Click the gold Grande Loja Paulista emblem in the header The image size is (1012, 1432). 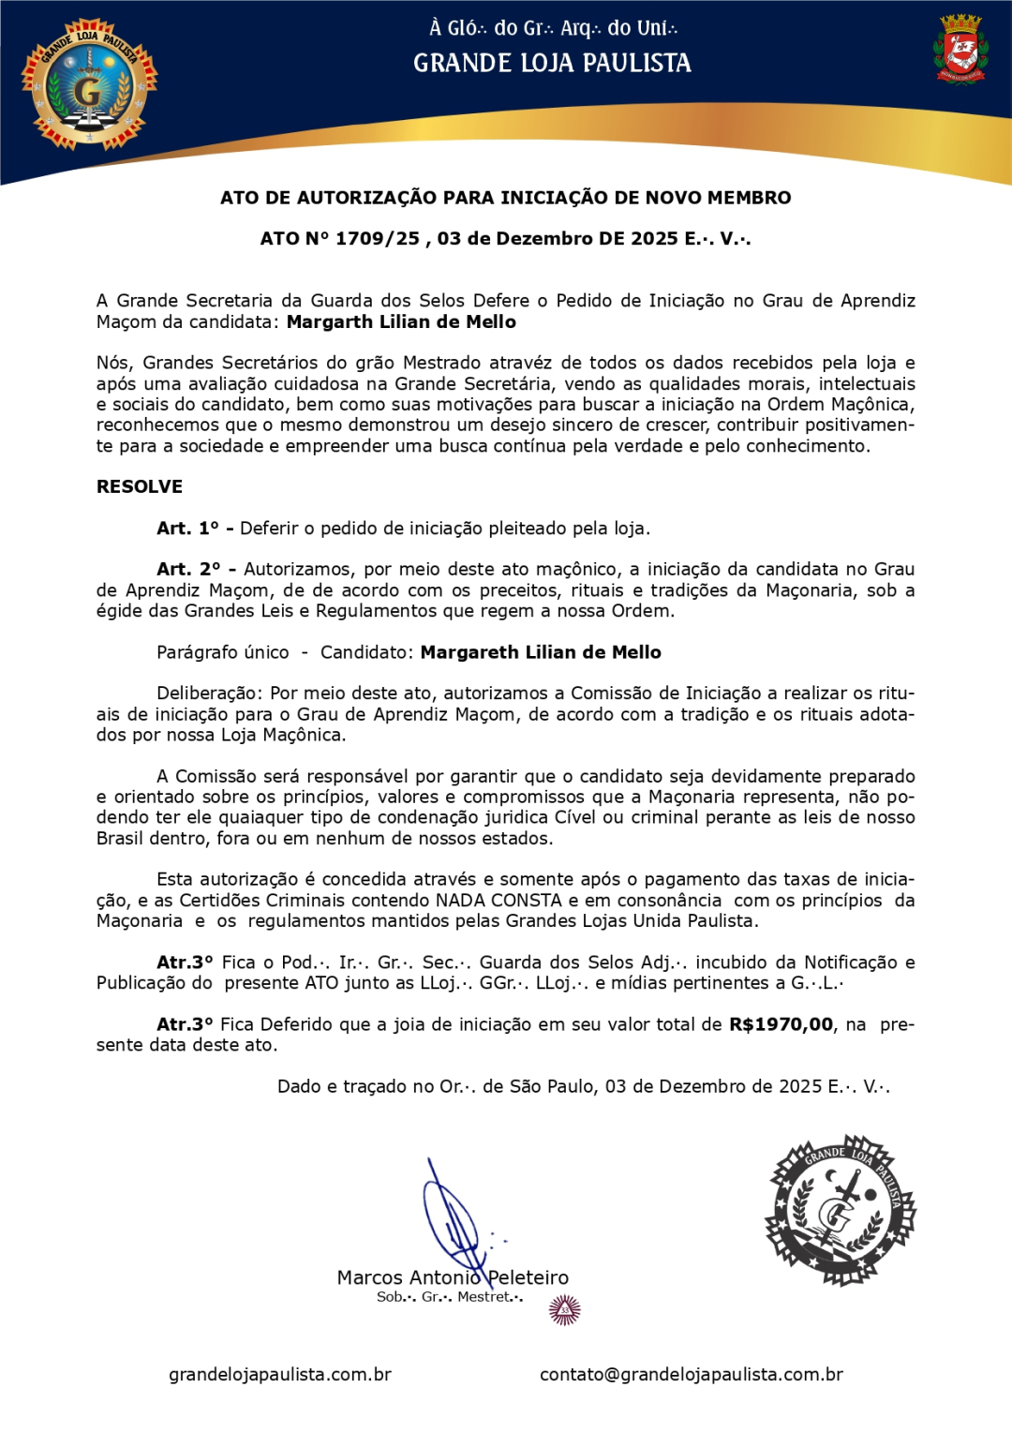(x=90, y=85)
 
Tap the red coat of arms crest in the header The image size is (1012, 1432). (x=960, y=49)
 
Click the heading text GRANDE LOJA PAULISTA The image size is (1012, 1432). (x=552, y=64)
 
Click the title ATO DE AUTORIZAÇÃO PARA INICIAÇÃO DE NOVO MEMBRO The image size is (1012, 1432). (x=505, y=198)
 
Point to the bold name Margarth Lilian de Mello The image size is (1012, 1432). (x=401, y=322)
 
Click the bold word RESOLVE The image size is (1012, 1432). (x=140, y=487)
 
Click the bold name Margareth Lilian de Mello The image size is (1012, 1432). (x=541, y=652)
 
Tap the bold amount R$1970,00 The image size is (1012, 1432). (x=781, y=1024)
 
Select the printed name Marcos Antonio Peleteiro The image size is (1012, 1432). (x=453, y=1277)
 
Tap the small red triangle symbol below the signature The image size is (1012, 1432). (x=564, y=1310)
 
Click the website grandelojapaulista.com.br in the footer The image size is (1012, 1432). (x=280, y=1375)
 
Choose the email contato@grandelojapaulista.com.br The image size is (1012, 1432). (x=691, y=1375)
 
